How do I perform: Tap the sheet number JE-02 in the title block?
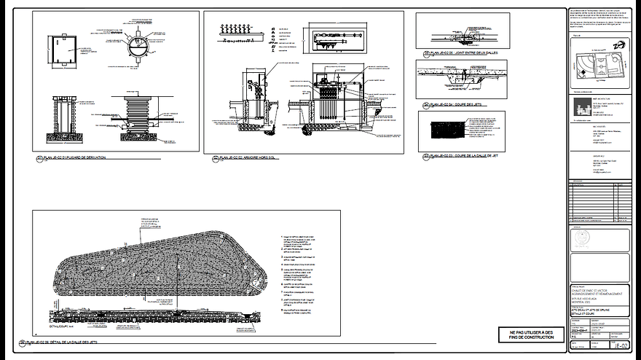(x=619, y=345)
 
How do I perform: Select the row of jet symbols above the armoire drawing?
(x=240, y=29)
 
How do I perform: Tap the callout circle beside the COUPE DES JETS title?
(x=425, y=106)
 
